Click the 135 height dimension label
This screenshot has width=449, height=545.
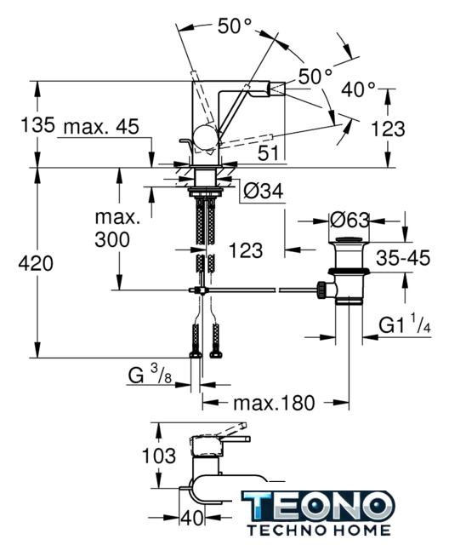tap(37, 124)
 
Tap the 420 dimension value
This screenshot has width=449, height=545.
tap(36, 263)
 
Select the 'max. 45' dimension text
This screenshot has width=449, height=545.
tap(101, 127)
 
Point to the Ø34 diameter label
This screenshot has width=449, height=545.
tap(264, 191)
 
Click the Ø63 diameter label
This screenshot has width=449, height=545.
tap(350, 221)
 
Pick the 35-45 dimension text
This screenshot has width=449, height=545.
tap(403, 258)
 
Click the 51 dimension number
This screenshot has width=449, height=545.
tap(268, 153)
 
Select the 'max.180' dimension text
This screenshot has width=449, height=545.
tap(274, 403)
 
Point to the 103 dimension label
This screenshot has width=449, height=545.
tap(159, 456)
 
